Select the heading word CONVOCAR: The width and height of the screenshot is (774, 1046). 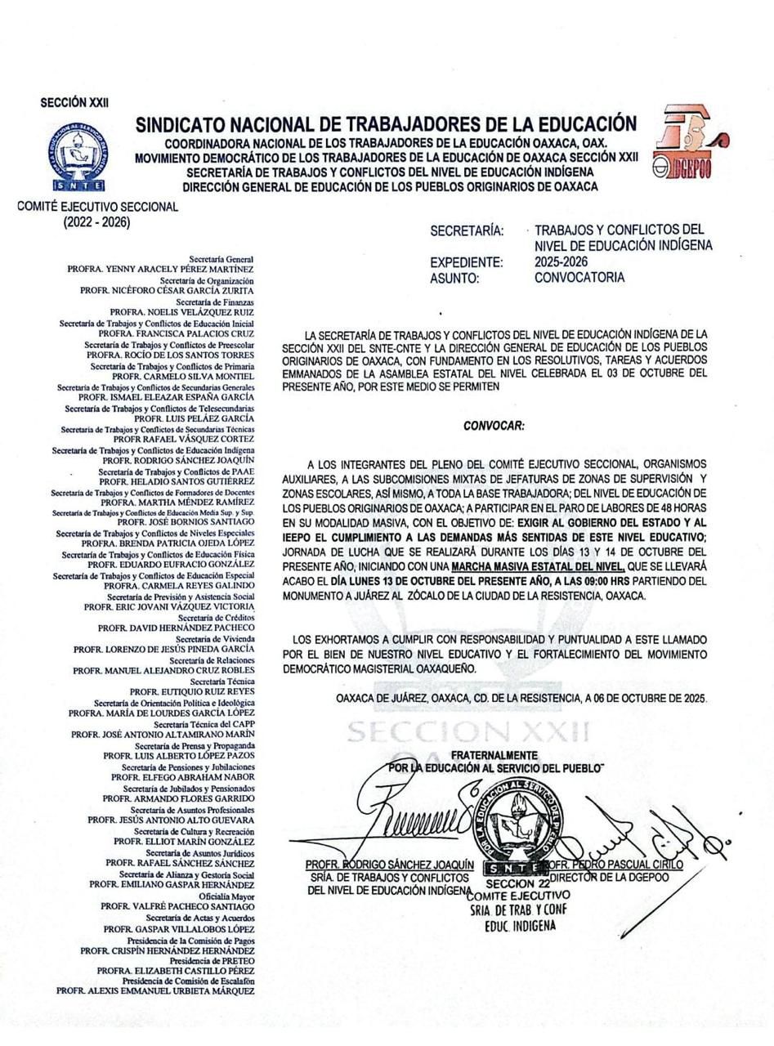coord(494,426)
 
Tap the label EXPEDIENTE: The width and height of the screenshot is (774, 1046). coord(467,262)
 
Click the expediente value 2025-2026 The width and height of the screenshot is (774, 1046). coord(561,262)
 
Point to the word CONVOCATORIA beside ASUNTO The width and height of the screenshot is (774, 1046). coord(579,278)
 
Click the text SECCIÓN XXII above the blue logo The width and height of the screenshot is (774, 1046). coord(74,103)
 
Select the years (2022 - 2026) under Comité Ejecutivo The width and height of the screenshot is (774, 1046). coord(96,221)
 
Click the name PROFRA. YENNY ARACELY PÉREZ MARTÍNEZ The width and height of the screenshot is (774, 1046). coord(160,269)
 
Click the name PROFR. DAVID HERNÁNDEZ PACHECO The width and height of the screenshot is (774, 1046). coord(176,628)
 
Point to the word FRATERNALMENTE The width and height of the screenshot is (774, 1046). coord(494,755)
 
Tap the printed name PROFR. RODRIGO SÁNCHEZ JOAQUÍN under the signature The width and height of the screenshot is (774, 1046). coord(389,865)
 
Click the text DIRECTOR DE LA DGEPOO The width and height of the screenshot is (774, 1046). coord(609,878)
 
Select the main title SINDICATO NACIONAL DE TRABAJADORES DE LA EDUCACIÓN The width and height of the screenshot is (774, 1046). coord(386,124)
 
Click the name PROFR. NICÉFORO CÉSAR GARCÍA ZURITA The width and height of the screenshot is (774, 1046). coord(167,290)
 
